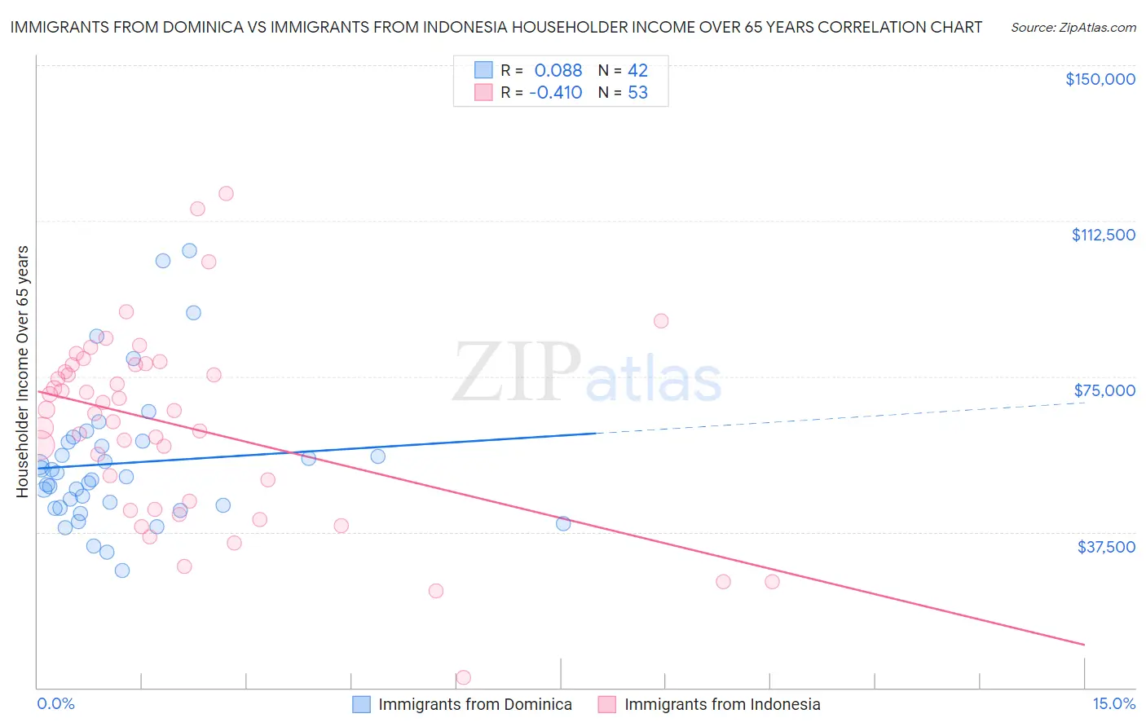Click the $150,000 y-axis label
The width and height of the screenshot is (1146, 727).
pos(1100,79)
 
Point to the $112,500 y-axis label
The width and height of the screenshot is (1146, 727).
pos(1103,235)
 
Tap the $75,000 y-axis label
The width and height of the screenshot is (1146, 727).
pos(1104,390)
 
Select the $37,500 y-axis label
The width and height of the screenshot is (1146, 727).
pos(1106,547)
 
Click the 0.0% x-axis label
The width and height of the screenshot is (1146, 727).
pos(55,703)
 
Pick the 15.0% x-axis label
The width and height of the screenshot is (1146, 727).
pos(1113,703)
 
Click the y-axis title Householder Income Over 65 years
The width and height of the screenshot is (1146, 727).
pos(23,371)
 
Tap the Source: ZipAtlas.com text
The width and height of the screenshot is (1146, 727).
pos(1073,28)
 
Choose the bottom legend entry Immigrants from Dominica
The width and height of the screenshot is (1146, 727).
pos(475,704)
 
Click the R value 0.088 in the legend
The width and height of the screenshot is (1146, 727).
pos(558,70)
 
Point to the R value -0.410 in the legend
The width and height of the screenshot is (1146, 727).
pos(555,92)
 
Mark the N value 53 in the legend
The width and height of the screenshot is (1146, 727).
pos(637,92)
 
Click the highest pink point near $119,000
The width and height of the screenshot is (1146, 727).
pos(226,193)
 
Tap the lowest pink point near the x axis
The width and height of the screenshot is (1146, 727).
pos(463,677)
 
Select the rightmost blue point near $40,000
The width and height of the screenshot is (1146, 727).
pos(563,523)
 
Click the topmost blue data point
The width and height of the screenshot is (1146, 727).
pos(189,250)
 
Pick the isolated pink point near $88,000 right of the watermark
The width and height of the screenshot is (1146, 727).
pos(661,320)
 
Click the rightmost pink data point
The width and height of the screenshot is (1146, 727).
pos(772,581)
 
